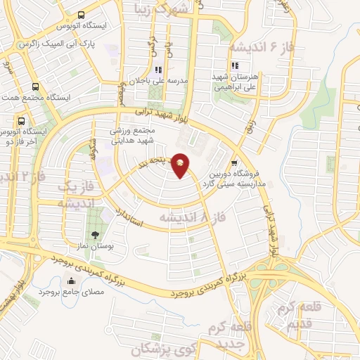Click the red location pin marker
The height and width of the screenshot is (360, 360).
181,165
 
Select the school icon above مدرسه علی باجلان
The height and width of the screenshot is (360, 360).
159,70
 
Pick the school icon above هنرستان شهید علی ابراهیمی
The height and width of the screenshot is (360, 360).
236,65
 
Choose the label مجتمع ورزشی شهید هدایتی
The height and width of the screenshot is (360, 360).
132,136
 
